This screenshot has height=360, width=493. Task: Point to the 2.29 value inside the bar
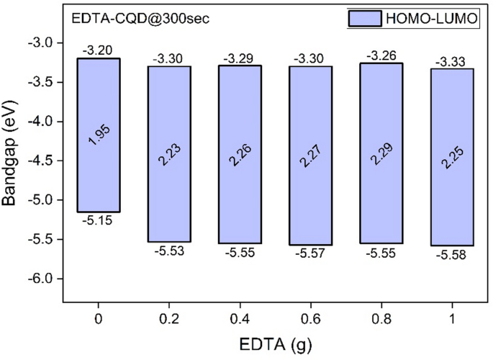381,154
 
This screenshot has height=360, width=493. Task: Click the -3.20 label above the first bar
97,50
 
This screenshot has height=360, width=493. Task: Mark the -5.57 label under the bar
310,254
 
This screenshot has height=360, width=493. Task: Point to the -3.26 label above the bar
381,55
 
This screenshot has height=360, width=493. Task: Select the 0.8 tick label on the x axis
381,315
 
